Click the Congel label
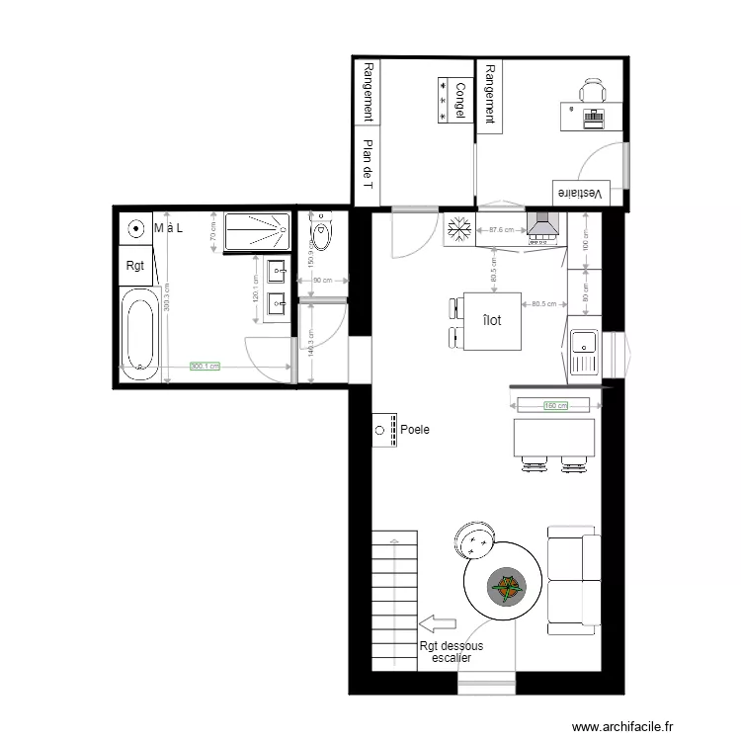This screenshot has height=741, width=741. point(459,101)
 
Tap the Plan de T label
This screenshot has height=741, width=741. point(369,163)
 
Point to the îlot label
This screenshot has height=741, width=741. point(491,320)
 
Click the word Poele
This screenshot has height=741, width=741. point(416,431)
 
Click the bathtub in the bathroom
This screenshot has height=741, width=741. point(139,335)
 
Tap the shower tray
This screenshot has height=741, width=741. point(257,233)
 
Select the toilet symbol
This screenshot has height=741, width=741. point(320,234)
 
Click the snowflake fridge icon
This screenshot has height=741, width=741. point(457,231)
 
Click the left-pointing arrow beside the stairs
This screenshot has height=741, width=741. point(436,622)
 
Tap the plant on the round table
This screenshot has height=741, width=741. point(507,590)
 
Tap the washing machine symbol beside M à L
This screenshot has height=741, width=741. point(132,228)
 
